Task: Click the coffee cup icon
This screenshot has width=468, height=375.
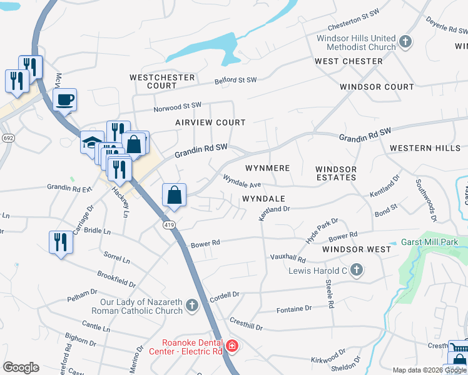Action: pyautogui.click(x=64, y=99)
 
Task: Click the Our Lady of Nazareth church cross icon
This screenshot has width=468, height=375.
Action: pyautogui.click(x=192, y=306)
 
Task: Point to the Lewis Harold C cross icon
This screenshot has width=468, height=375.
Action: pyautogui.click(x=357, y=271)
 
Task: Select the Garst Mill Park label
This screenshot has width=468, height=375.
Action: pyautogui.click(x=430, y=242)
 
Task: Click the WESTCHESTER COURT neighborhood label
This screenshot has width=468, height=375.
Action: pyautogui.click(x=162, y=81)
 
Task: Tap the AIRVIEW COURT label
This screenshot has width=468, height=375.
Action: pyautogui.click(x=210, y=122)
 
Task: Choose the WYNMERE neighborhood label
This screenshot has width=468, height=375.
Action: pyautogui.click(x=267, y=168)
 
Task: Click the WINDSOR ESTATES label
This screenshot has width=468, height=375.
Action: pyautogui.click(x=336, y=173)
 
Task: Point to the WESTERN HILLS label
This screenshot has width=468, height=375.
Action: pyautogui.click(x=420, y=148)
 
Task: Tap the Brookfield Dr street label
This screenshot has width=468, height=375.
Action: pyautogui.click(x=117, y=279)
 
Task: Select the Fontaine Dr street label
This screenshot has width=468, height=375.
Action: pyautogui.click(x=294, y=309)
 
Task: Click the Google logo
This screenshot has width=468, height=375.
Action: pyautogui.click(x=21, y=367)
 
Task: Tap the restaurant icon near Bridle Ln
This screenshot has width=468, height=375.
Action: pyautogui.click(x=60, y=241)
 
